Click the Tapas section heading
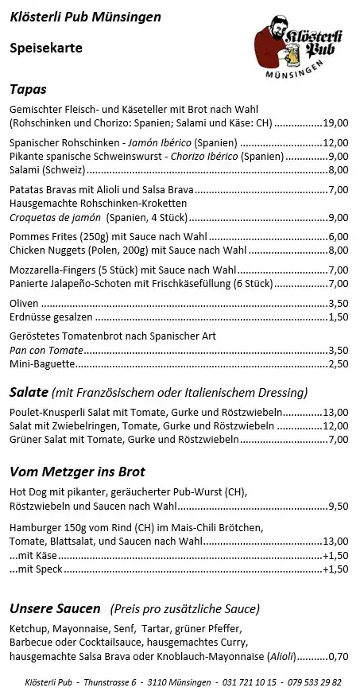tap(29, 89)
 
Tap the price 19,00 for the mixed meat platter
tap(336, 123)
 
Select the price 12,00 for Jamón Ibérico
tap(336, 143)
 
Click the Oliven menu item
tap(23, 303)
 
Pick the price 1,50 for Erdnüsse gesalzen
tap(339, 316)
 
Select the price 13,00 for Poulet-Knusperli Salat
tap(336, 413)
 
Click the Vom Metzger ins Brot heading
tap(77, 471)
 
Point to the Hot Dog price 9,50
tap(339, 505)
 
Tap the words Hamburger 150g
tap(50, 527)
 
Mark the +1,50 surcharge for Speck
tap(336, 569)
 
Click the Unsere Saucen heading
tap(55, 609)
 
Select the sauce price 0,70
tap(339, 656)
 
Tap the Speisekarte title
tap(46, 48)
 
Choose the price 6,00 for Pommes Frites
tap(339, 236)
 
